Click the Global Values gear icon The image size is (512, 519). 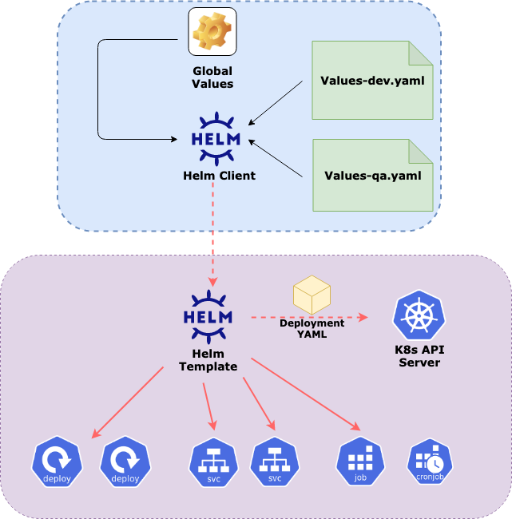[212, 32]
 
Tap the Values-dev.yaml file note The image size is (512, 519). [372, 81]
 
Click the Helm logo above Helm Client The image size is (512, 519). [212, 137]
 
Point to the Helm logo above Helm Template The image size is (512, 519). [212, 315]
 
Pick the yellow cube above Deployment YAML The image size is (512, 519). [312, 296]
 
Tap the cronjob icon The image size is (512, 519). [430, 462]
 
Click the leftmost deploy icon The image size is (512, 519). [58, 463]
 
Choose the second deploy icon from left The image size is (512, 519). [125, 463]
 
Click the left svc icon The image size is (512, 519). [214, 463]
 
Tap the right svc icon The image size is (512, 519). [275, 463]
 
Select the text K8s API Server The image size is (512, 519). [418, 356]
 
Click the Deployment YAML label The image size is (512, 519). [312, 329]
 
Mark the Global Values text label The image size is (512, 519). [212, 77]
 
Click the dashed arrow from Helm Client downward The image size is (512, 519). [212, 232]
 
